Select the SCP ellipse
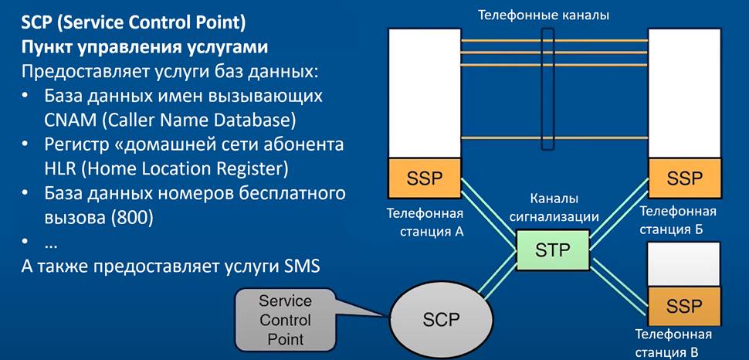[435, 318]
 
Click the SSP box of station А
[424, 178]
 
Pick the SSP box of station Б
[685, 178]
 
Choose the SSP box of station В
[685, 304]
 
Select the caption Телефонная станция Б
[678, 219]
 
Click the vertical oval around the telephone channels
[547, 89]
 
